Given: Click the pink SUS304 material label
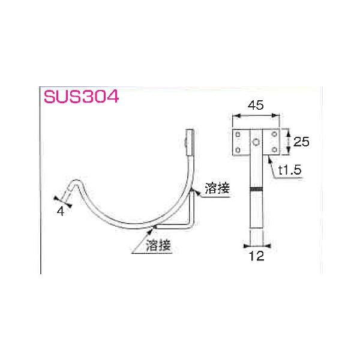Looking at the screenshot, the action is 80,97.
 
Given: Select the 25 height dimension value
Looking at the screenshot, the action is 302,142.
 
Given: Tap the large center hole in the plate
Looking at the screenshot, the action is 256,142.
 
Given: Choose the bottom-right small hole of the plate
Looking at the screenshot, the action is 275,149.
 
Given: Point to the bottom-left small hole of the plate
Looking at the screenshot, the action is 238,149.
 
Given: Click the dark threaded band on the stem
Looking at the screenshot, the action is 256,190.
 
